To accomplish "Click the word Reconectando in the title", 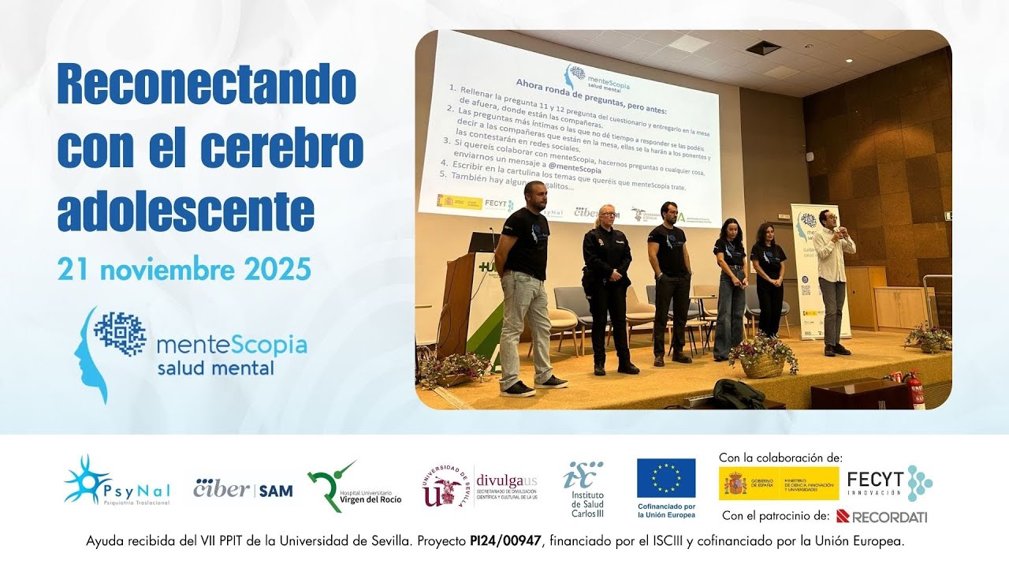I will point(207,85).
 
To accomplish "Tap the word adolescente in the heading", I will point(186,210).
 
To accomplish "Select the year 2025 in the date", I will point(277,270).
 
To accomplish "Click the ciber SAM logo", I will point(243,490).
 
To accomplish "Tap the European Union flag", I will point(666,478).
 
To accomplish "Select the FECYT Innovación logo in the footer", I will point(889,482).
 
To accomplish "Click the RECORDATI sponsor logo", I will point(881,517).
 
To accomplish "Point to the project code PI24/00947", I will point(502,542).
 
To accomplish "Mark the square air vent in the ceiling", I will point(763,47).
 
